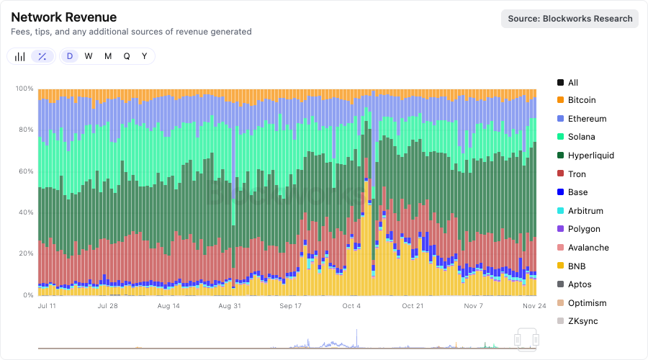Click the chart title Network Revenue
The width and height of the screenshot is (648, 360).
tap(63, 17)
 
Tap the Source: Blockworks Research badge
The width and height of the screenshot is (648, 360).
tap(570, 19)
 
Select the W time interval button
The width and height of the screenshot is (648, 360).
tap(89, 56)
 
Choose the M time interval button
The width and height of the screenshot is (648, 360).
tap(108, 56)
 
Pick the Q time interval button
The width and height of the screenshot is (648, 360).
tap(127, 56)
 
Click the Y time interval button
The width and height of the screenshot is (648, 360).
tap(144, 56)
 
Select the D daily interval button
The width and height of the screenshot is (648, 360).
tap(70, 56)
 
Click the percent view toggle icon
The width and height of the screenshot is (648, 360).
tap(42, 56)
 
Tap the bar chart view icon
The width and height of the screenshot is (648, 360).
tap(20, 56)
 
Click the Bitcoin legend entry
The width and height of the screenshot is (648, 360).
tap(581, 100)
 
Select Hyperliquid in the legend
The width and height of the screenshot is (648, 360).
tap(590, 156)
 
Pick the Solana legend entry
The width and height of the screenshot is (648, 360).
tap(581, 137)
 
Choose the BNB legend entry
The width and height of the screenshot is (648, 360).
tap(577, 266)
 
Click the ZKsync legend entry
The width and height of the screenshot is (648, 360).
tap(582, 321)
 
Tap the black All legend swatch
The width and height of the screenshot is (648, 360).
tap(560, 83)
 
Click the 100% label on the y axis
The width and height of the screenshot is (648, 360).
tap(24, 89)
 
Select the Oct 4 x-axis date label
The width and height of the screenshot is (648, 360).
tap(351, 306)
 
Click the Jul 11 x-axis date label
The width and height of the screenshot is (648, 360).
tap(47, 306)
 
